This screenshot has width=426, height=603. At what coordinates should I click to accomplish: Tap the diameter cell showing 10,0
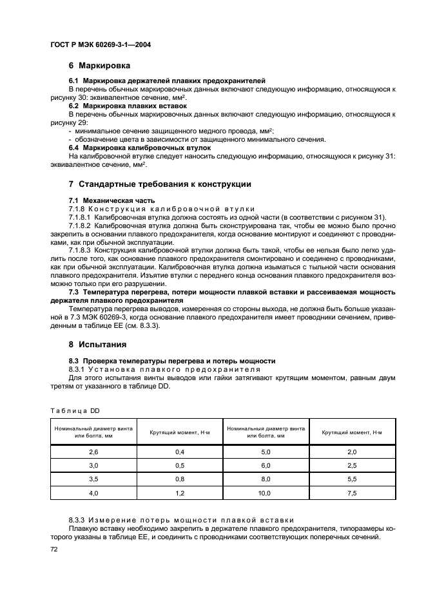[x=266, y=493]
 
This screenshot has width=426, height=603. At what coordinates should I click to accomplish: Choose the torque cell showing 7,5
[x=353, y=493]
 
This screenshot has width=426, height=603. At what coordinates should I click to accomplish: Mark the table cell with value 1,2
[x=180, y=493]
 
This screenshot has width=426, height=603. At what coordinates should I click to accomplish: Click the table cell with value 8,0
[x=266, y=479]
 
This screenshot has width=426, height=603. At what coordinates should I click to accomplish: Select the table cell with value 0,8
[x=180, y=479]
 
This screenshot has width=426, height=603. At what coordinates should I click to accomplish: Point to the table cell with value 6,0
[x=266, y=466]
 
